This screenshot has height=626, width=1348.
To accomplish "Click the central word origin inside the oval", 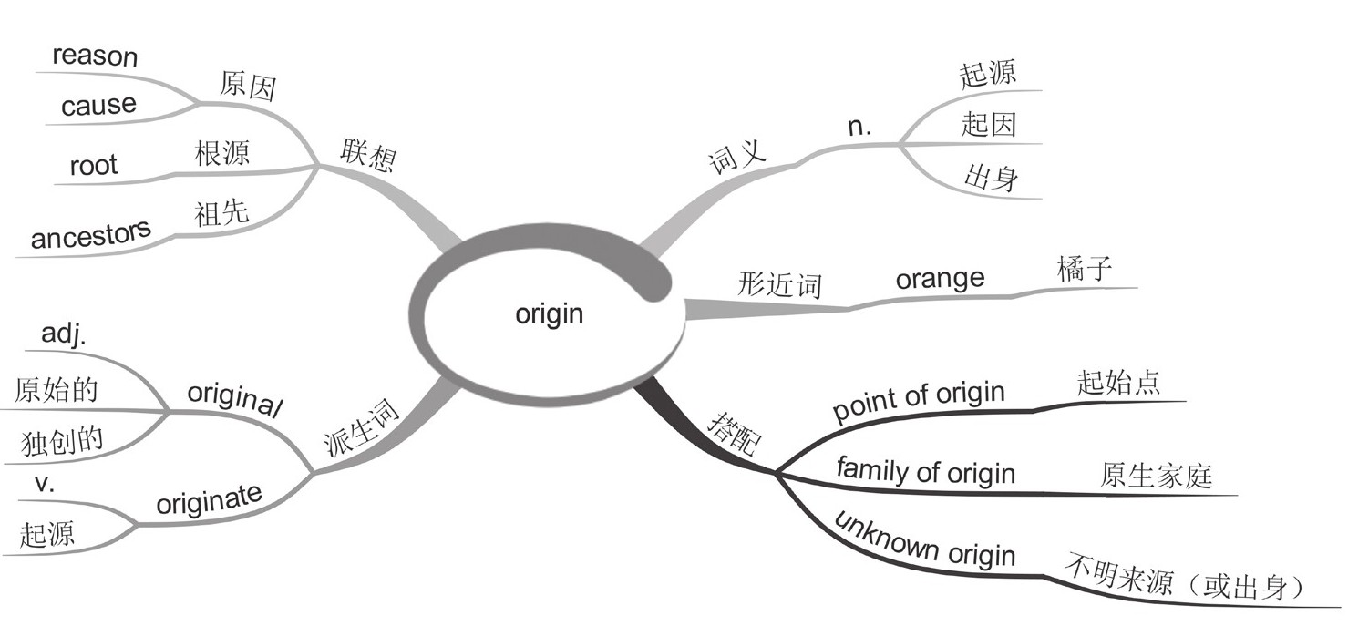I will [549, 314].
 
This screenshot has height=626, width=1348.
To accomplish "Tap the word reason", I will [95, 56].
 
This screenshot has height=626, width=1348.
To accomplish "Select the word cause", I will [98, 106].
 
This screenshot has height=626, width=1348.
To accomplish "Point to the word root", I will [94, 165].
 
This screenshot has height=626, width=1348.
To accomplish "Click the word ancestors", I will [91, 237].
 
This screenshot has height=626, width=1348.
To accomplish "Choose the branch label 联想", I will [368, 156].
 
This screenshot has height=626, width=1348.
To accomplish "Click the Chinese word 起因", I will [988, 124].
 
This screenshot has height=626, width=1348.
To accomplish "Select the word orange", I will [940, 278].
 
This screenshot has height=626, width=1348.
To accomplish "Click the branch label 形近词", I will [779, 285].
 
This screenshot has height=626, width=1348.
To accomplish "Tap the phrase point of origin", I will [919, 402].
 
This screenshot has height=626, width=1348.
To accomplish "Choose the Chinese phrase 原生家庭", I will [1157, 476].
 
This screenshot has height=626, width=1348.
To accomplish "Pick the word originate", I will [209, 500].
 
